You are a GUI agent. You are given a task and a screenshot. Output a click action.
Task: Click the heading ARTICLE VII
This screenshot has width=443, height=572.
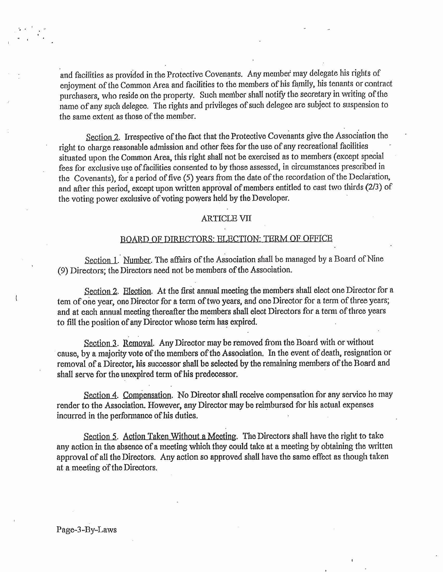pos(226,218)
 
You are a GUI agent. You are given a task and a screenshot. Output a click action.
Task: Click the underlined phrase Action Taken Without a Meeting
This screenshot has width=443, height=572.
pos(180,436)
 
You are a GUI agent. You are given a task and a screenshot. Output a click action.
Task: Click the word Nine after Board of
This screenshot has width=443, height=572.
pos(375,259)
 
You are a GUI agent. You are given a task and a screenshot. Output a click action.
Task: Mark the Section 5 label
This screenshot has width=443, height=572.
pos(100,436)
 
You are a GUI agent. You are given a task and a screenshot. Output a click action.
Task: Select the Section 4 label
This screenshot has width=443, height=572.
pos(100,395)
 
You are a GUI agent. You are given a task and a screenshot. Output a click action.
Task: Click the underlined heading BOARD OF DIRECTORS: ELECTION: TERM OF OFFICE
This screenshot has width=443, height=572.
pos(226,239)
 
